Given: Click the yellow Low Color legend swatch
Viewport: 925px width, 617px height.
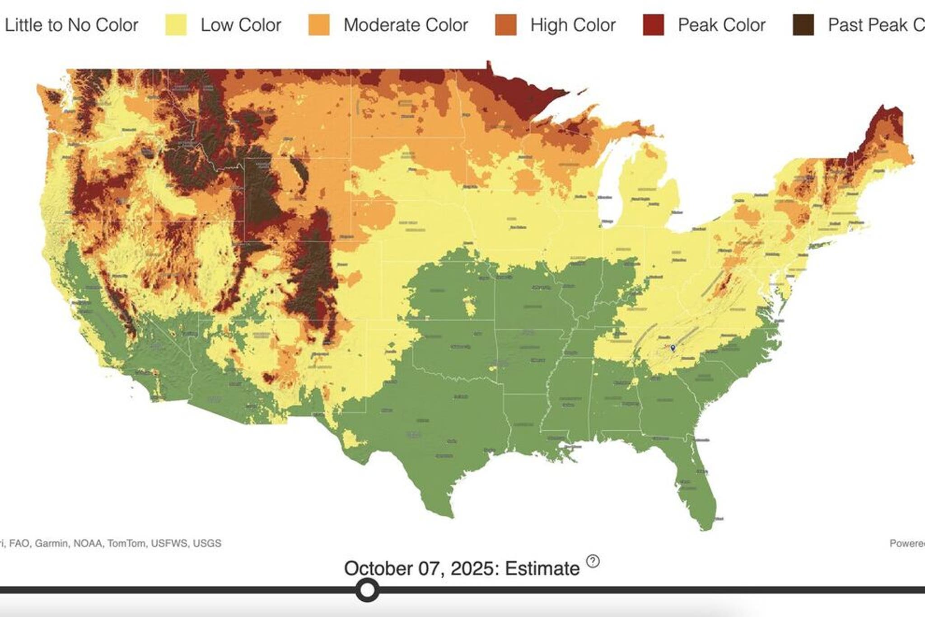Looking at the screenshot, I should tap(176, 25).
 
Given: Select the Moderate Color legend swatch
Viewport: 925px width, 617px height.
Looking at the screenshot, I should tap(319, 25).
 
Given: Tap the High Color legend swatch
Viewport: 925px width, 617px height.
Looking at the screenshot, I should tap(505, 25).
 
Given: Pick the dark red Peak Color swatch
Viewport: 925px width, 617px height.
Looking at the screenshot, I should tap(653, 25).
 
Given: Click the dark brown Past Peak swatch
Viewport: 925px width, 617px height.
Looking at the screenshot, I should tap(803, 25).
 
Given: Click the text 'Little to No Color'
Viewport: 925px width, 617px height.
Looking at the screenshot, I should tap(71, 25).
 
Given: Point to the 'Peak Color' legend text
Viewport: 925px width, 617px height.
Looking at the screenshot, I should tap(721, 25).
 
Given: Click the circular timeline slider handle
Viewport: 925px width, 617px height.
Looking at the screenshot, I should tap(367, 590).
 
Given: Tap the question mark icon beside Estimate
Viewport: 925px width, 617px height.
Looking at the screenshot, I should tap(593, 561).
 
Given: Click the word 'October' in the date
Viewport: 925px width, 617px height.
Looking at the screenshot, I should tap(378, 569).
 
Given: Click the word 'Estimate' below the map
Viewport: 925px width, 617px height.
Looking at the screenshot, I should tap(542, 569).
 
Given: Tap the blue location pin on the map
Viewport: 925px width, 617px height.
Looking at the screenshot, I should tap(673, 347).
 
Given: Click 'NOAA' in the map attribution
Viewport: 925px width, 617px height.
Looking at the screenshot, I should tap(88, 543).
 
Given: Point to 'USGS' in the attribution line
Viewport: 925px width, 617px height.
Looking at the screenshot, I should tap(207, 543).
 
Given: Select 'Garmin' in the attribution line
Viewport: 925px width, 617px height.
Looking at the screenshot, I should tap(51, 543).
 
